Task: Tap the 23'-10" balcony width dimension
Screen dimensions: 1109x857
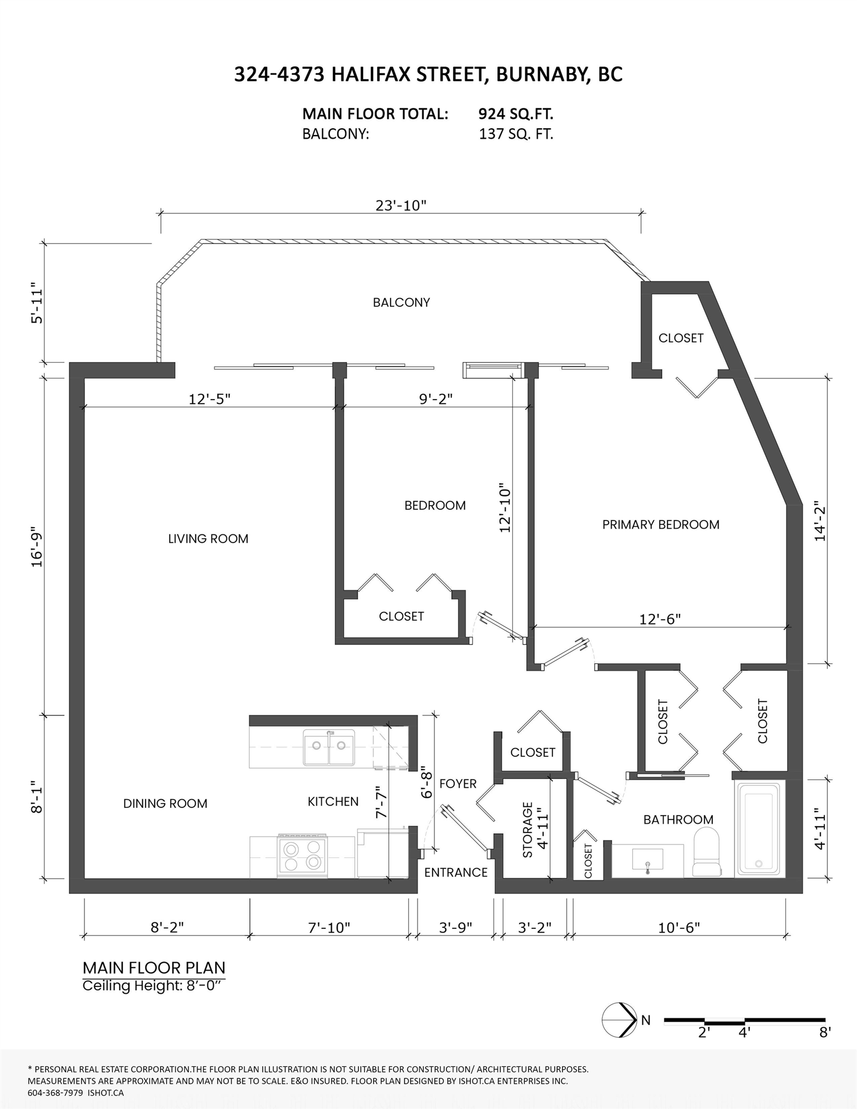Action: click(401, 205)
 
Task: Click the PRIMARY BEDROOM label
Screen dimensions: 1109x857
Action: click(660, 525)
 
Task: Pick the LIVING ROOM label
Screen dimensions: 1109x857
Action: click(208, 539)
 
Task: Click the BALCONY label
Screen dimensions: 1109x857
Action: click(401, 303)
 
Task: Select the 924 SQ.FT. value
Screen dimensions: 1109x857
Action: click(516, 114)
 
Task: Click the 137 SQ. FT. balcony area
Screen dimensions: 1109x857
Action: click(516, 134)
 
